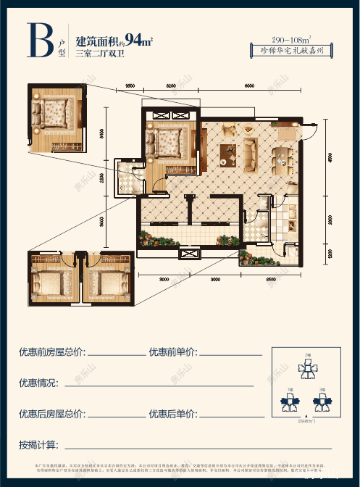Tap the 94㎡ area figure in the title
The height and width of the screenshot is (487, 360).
138,39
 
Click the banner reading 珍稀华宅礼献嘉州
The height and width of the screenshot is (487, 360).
291,51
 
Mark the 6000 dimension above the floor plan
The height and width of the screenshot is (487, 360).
248,87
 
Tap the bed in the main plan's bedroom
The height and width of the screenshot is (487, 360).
169,142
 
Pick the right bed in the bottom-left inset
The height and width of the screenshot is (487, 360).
108,282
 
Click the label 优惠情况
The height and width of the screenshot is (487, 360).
43,383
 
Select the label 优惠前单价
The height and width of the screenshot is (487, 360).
172,353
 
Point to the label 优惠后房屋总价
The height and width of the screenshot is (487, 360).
51,415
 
